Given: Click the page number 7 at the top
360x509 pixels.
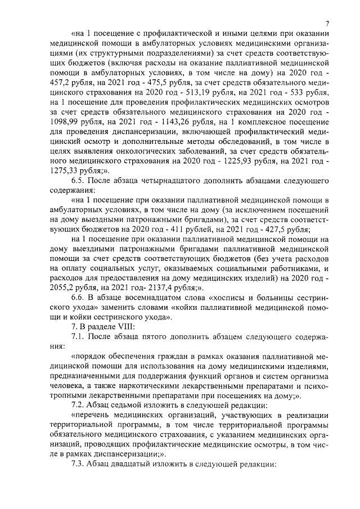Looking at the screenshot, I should coord(327,23).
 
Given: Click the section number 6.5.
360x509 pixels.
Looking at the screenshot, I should coord(79,182).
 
